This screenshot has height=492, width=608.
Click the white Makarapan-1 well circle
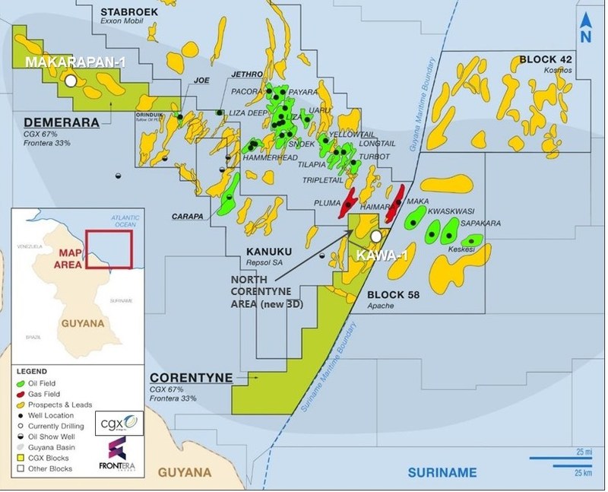pos(71,80)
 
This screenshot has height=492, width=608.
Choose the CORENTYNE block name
pos(187,377)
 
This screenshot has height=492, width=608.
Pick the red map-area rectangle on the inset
pos(109,249)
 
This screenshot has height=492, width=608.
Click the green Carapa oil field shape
pos(227,195)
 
